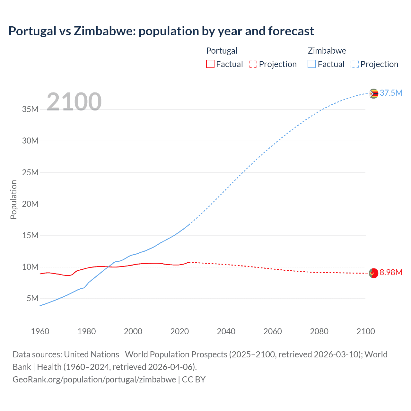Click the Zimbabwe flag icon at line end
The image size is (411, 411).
(x=373, y=93)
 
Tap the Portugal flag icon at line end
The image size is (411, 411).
(x=373, y=273)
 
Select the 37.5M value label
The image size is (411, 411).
(x=391, y=93)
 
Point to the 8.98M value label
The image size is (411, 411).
(x=391, y=273)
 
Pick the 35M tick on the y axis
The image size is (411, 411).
(x=30, y=109)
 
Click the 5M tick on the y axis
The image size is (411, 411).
(x=32, y=299)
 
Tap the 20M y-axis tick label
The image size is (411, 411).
(x=30, y=204)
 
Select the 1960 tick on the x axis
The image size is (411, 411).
(x=40, y=331)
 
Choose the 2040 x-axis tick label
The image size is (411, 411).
(x=226, y=331)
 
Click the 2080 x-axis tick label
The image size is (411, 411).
(x=319, y=331)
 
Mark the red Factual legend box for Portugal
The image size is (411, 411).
(x=210, y=64)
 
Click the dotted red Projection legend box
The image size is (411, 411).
(x=253, y=64)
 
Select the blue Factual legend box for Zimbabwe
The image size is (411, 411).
(x=311, y=64)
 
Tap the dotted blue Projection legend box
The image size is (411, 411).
(x=354, y=64)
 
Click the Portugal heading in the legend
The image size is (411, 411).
(x=222, y=51)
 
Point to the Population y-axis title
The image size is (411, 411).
(x=13, y=199)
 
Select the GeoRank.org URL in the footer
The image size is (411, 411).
(x=94, y=380)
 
